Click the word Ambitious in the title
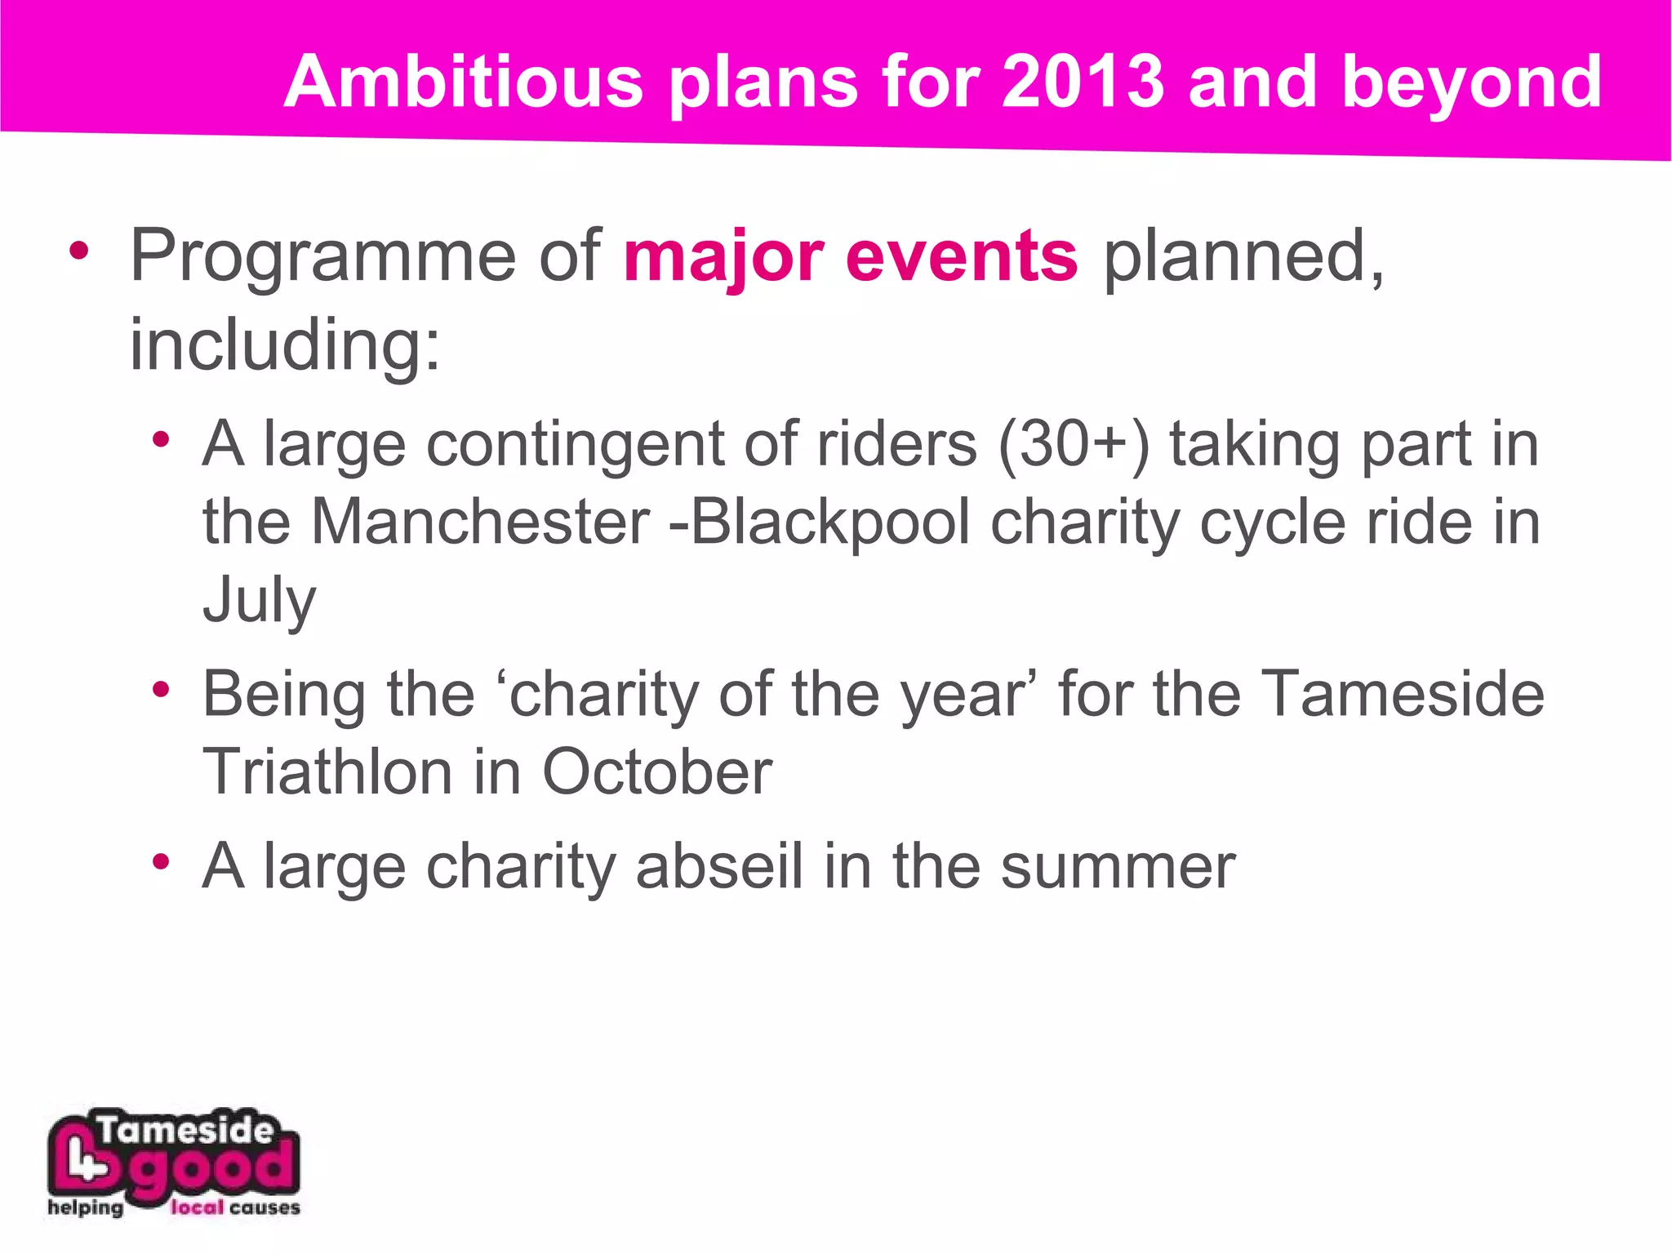[464, 82]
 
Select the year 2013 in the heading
[1082, 82]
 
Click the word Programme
[322, 258]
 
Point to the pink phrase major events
[850, 258]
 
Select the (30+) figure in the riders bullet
[1073, 445]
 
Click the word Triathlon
[327, 772]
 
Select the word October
[656, 772]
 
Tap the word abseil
[719, 866]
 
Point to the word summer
[1118, 866]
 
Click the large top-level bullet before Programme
[78, 251]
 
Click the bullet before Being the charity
[161, 690]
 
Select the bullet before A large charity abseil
[161, 861]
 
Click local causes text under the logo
[235, 1208]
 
